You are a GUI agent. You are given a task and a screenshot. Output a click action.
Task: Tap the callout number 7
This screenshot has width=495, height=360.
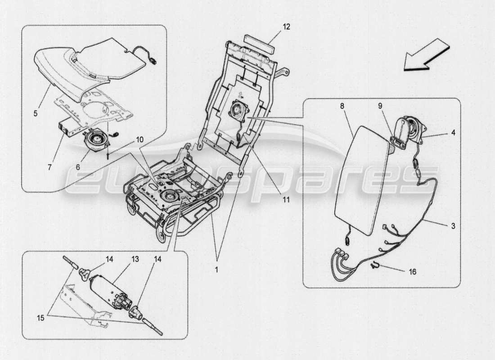tap(49, 166)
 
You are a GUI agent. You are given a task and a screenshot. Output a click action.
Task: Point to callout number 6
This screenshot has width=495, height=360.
tap(78, 166)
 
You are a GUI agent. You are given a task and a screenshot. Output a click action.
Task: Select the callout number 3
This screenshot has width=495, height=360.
tap(453, 226)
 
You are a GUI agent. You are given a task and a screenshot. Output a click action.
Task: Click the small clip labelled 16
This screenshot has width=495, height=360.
tap(374, 266)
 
